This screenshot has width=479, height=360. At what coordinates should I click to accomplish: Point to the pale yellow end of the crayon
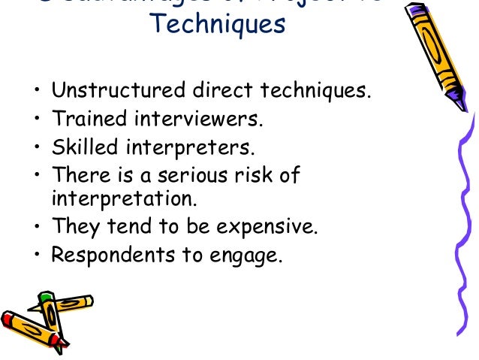[88, 301]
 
